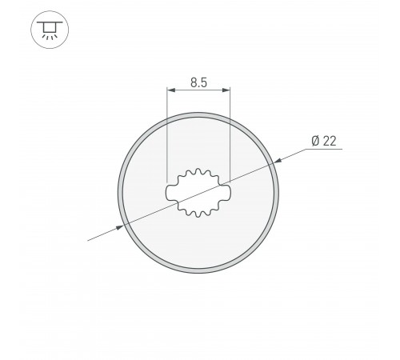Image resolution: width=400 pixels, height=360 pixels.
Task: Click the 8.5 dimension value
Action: (x=198, y=82)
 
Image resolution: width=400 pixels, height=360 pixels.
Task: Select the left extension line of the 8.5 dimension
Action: (x=166, y=136)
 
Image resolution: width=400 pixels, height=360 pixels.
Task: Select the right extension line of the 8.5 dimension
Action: (x=230, y=136)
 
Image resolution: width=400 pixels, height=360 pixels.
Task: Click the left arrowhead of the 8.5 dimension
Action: (x=170, y=90)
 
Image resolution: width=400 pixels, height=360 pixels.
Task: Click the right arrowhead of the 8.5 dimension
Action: (x=227, y=90)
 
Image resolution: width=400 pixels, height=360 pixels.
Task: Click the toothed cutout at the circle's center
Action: (x=198, y=193)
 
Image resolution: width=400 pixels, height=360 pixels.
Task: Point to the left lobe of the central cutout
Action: (x=170, y=193)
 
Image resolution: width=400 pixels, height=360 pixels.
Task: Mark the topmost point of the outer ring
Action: (x=198, y=114)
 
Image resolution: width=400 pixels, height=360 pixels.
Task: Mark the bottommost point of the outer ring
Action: (x=198, y=274)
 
